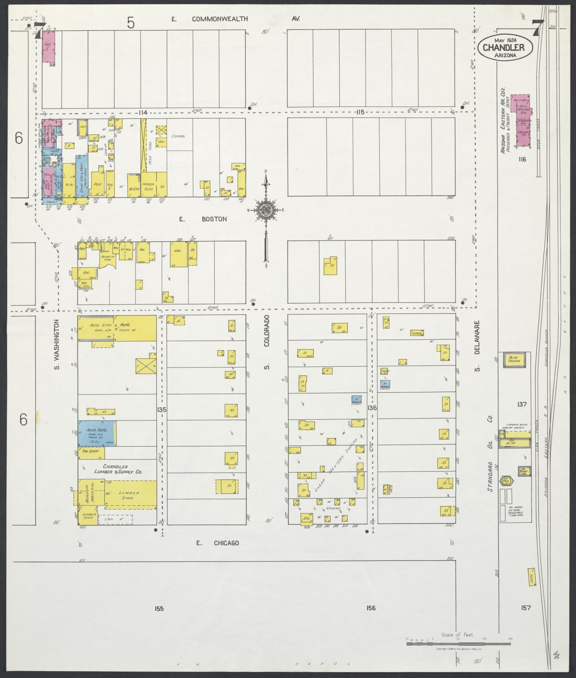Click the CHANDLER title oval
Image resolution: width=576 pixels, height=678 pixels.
pyautogui.click(x=503, y=48)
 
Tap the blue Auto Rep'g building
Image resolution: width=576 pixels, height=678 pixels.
pyautogui.click(x=97, y=433)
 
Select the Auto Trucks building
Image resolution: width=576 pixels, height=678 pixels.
pyautogui.click(x=514, y=360)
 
